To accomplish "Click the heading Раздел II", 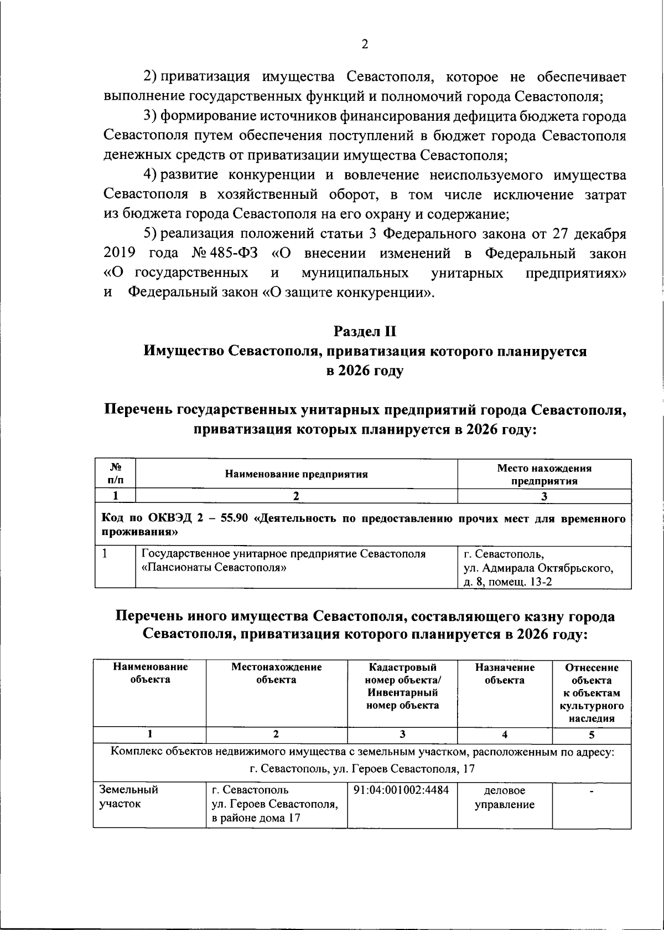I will (365, 331).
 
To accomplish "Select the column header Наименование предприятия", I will (296, 474).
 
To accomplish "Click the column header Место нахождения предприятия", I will (544, 475).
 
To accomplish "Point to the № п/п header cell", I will (115, 474).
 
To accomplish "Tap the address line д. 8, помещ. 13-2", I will (507, 582).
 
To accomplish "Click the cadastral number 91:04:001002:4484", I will (401, 790).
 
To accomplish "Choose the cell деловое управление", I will (505, 797).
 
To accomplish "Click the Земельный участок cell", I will (128, 797).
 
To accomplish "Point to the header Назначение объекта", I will (505, 674).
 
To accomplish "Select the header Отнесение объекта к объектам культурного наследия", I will (591, 693).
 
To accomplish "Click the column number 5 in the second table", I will (592, 735).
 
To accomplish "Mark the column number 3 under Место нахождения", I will (544, 496).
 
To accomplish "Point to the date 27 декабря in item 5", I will (589, 234).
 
